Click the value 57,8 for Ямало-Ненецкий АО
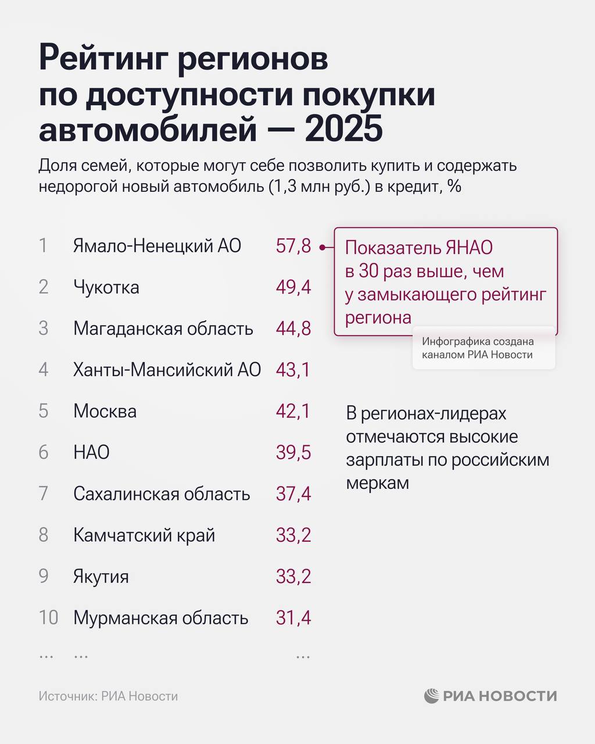coord(293,246)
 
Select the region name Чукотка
coord(106,287)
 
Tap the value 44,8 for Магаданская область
coord(293,328)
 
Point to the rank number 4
coord(44,370)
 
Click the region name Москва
coord(105,411)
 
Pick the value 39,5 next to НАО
coord(293,452)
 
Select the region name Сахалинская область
coord(162,493)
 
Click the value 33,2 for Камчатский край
coord(293,535)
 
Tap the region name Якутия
coord(101,577)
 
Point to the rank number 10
coord(49,617)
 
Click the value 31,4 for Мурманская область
coord(293,617)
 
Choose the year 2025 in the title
coord(343,129)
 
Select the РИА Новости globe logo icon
coord(431,696)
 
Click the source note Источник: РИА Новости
coord(109,696)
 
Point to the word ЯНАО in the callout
coord(469,248)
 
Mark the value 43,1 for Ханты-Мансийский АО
coord(293,370)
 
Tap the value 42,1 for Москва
coord(293,411)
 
